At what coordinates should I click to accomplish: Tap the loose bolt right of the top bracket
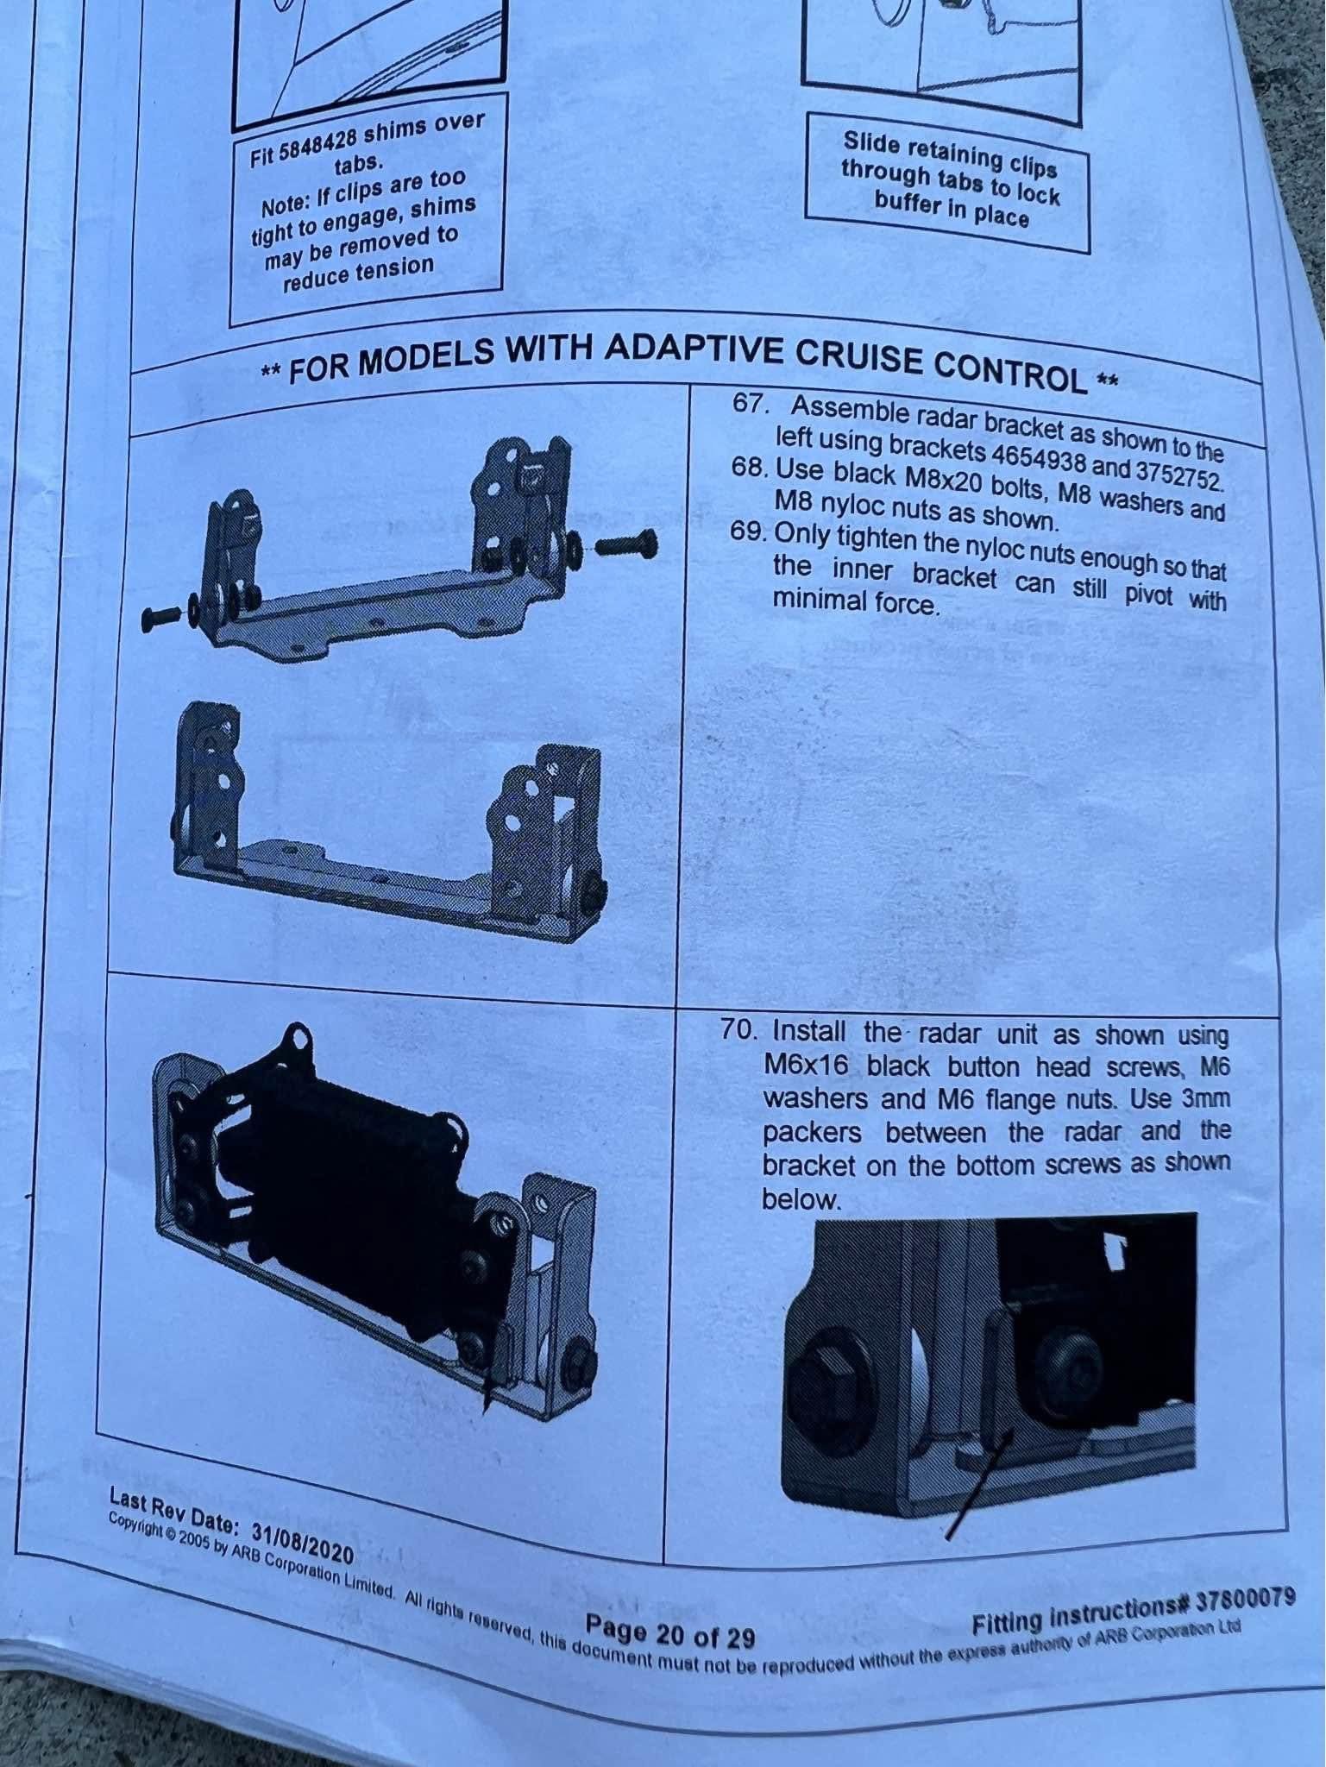627,544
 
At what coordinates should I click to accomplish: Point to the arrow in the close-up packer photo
977,1484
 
